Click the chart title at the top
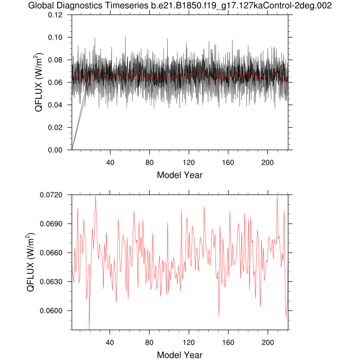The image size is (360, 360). [179, 6]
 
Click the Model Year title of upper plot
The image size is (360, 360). [179, 175]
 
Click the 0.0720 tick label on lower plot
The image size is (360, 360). [53, 195]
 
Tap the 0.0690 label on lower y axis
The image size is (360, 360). [53, 224]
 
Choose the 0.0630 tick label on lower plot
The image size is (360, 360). [53, 282]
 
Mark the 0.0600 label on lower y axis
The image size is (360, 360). [53, 311]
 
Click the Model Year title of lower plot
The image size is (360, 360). [179, 354]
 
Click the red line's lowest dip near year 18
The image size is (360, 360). [89, 328]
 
